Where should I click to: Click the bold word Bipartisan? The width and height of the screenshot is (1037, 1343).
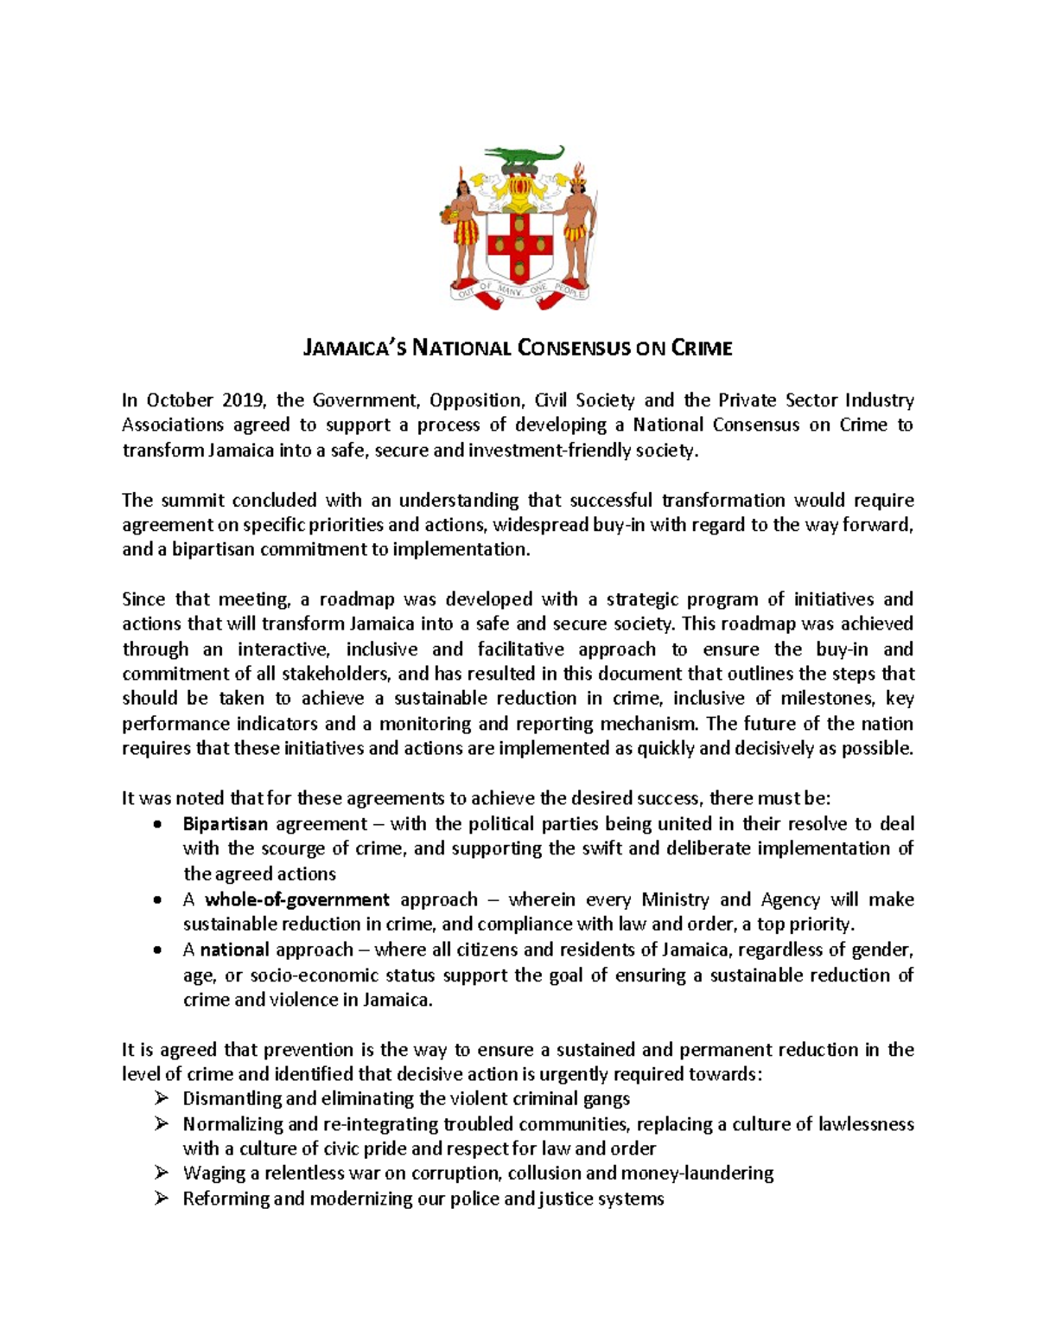coord(225,824)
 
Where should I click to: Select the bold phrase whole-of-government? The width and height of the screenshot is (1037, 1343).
coord(296,899)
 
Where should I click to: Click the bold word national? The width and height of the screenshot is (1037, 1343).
coord(234,950)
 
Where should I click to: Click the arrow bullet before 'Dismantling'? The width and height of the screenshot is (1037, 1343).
coord(161,1098)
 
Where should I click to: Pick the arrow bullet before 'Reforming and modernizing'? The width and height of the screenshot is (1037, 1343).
coord(161,1199)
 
